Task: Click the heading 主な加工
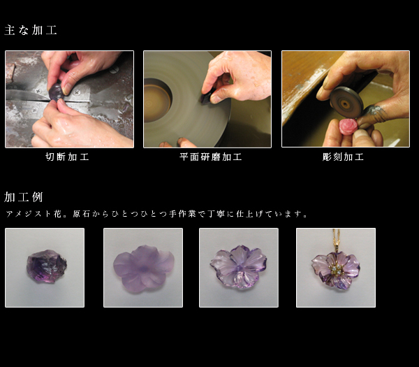coord(31,30)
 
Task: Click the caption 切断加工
coord(67,157)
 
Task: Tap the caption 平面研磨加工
coord(211,157)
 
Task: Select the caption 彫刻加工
coord(343,157)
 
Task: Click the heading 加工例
coord(24,197)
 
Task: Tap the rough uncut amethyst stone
coord(47,266)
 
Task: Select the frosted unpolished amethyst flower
coord(143,268)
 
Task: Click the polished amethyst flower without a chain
coord(238,267)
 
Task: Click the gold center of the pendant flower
coord(336,269)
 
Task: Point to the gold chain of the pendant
coord(335,239)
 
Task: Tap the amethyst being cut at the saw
coord(56,92)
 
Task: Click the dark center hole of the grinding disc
coord(158,100)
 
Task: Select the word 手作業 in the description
coord(182,214)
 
